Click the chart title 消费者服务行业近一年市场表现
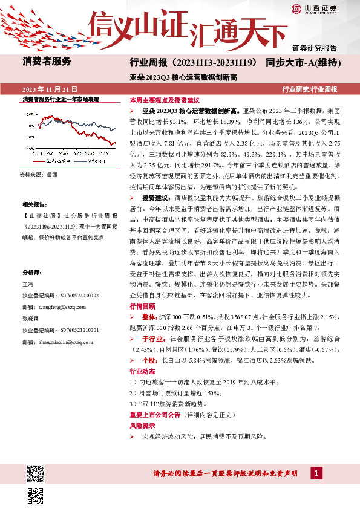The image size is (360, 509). coord(61,98)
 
